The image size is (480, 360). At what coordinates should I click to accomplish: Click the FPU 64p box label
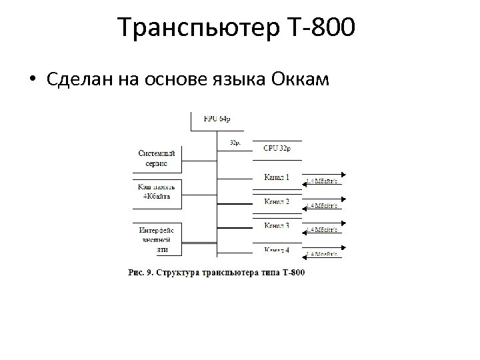217,119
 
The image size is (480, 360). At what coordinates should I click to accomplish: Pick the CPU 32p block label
277,148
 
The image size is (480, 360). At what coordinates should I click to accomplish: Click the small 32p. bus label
235,142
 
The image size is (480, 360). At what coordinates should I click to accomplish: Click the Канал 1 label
277,177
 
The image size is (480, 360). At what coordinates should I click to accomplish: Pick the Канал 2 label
277,201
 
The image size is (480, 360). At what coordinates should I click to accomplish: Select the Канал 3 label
277,225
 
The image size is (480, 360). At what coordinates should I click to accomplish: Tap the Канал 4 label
277,250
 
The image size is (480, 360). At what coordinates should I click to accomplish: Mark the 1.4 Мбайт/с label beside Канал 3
323,230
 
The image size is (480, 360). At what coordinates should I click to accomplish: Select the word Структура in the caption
179,272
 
